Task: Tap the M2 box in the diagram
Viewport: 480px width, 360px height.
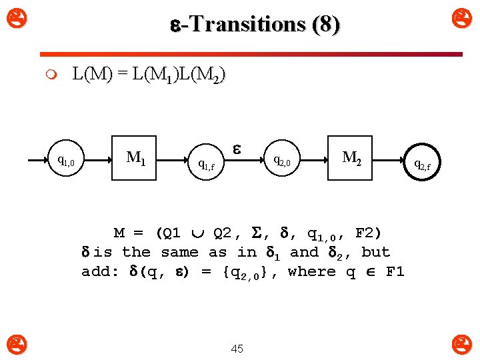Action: [352, 159]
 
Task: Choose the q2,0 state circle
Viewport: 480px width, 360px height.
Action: [283, 161]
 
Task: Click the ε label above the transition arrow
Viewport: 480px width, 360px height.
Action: [236, 145]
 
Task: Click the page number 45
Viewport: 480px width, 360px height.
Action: [237, 348]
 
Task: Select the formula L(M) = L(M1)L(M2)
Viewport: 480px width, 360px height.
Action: [149, 74]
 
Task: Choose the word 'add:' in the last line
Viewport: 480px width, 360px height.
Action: [100, 271]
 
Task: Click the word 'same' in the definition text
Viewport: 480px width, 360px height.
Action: [179, 252]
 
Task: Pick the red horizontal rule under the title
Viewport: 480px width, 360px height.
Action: [251, 54]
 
